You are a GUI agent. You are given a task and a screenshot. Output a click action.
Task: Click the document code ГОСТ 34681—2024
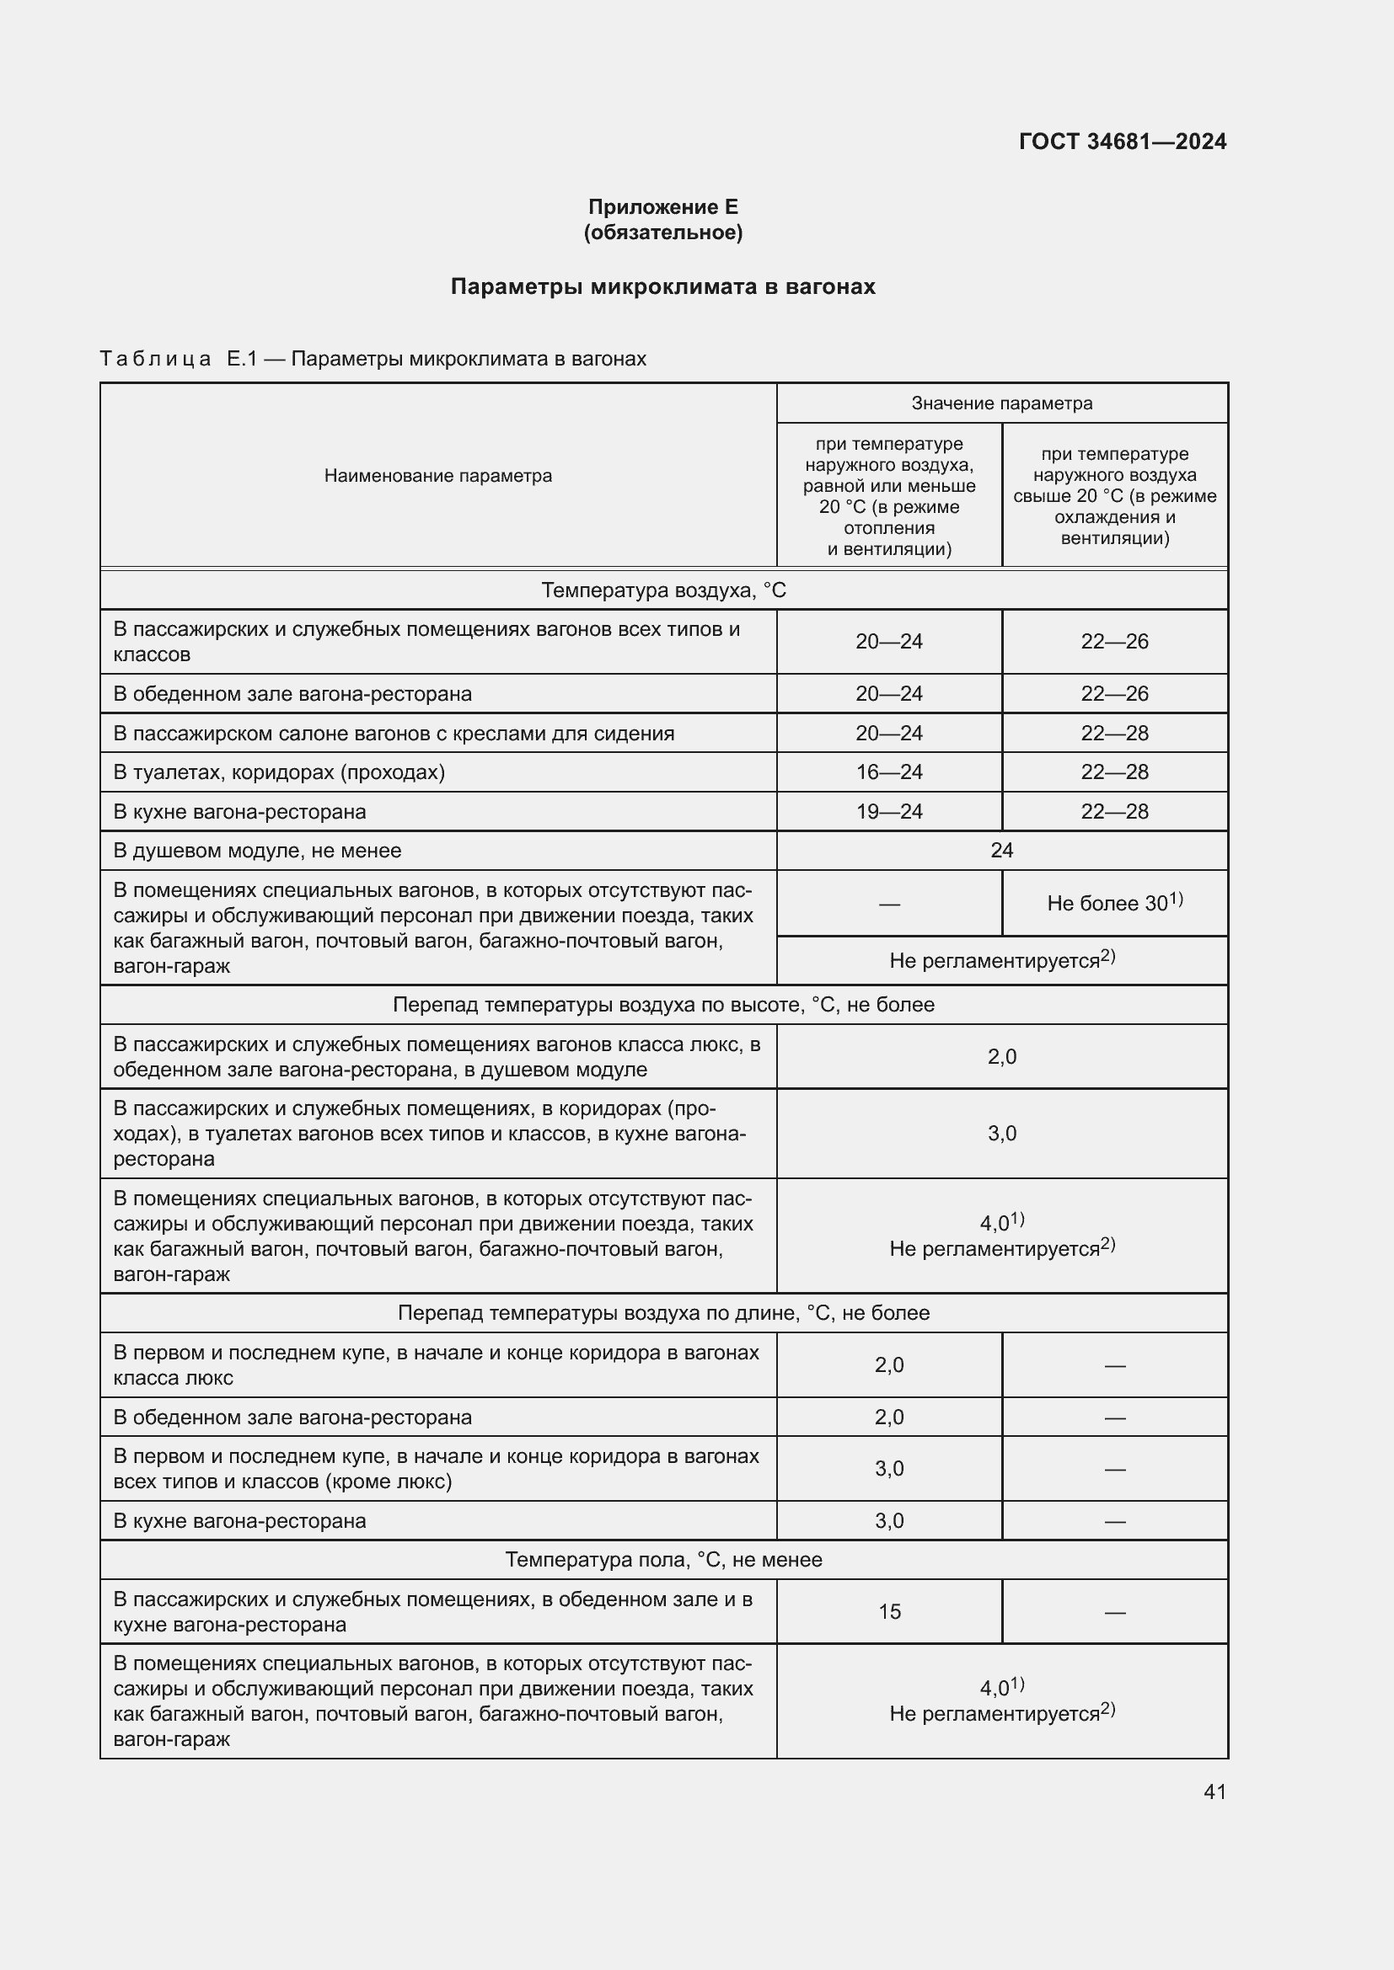(1122, 141)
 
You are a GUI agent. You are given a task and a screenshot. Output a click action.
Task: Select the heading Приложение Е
(662, 207)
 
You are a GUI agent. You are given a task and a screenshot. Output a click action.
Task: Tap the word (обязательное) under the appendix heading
(662, 232)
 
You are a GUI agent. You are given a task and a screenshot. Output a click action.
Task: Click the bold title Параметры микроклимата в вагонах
(662, 286)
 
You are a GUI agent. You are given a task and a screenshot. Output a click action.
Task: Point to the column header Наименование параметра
(437, 475)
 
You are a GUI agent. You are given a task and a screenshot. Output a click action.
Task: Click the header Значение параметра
(1002, 403)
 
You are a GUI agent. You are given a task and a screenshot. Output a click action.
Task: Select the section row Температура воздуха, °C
(662, 590)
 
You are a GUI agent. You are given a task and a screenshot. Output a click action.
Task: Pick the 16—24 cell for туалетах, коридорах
(888, 772)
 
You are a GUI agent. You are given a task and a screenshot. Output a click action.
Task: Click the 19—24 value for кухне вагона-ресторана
(888, 812)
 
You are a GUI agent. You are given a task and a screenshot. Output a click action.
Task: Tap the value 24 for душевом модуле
(1002, 851)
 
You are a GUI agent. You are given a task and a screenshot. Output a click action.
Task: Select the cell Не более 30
(1113, 904)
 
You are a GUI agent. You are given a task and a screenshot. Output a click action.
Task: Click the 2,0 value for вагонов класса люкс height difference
(1002, 1057)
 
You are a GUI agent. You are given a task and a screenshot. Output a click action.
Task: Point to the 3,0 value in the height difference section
(1002, 1134)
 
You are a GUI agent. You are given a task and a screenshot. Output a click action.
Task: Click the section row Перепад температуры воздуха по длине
(662, 1313)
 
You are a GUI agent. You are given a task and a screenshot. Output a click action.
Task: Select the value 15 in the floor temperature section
(889, 1611)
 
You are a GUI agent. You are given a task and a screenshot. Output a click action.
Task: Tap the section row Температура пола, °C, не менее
(662, 1560)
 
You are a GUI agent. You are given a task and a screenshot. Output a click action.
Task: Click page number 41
(1214, 1791)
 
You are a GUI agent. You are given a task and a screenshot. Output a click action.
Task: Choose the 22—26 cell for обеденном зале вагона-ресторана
(1114, 693)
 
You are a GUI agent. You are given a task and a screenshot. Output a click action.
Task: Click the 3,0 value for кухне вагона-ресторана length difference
(888, 1520)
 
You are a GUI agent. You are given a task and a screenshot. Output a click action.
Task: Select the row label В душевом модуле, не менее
(258, 851)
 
